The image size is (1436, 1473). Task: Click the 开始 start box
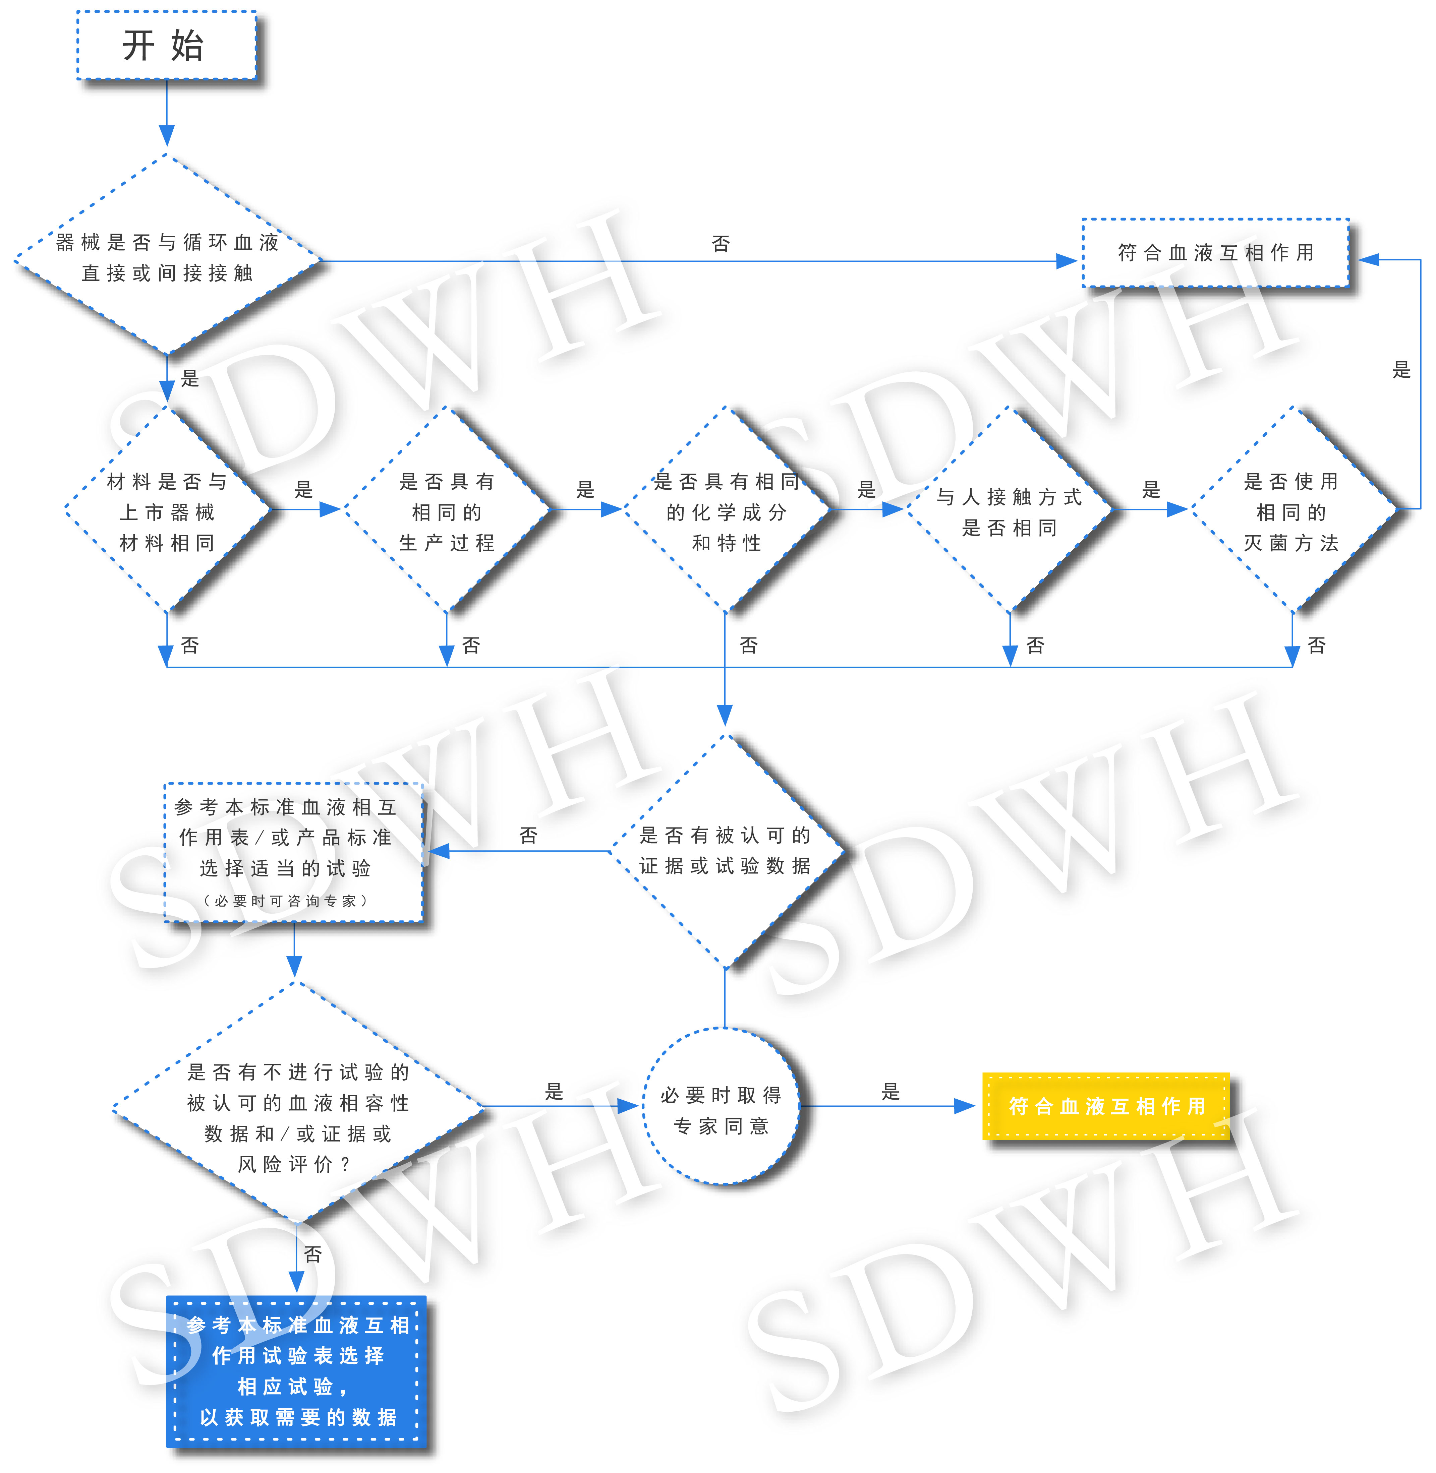[x=167, y=45]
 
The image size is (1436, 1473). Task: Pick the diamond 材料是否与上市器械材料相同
[x=167, y=509]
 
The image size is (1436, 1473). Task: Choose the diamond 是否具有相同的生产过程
[x=447, y=509]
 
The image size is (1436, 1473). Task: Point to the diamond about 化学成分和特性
[x=726, y=509]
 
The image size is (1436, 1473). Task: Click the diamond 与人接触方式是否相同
[x=1009, y=509]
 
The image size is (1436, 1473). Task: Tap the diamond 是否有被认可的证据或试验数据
[x=725, y=851]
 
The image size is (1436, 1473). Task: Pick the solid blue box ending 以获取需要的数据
[x=296, y=1371]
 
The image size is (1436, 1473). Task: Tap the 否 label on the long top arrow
[x=721, y=244]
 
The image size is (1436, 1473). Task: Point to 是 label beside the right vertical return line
[x=1401, y=369]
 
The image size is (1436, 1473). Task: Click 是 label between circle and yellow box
[x=891, y=1091]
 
